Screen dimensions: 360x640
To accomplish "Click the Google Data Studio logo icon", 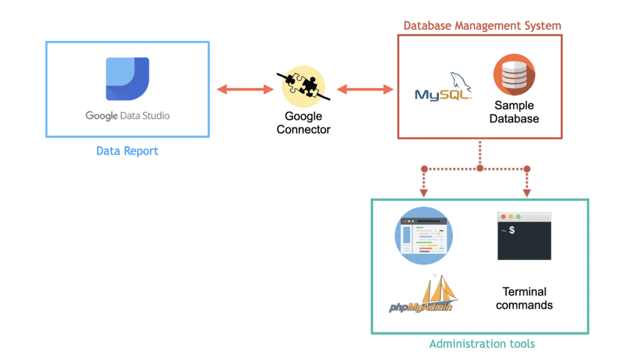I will click(127, 79).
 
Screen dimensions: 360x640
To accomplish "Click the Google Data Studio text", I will click(127, 116).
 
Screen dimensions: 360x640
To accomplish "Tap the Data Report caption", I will click(127, 151).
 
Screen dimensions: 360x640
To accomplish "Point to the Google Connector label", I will click(303, 122).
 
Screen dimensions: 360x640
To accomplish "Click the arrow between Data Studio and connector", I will click(245, 89).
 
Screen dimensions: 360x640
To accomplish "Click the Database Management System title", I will click(482, 26).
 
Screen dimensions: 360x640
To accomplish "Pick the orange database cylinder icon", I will click(514, 75).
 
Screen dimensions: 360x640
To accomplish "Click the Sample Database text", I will click(514, 112).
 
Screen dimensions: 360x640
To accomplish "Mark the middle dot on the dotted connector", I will click(480, 169).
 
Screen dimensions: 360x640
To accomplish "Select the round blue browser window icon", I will click(424, 235).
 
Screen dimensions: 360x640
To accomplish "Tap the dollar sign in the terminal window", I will click(512, 231).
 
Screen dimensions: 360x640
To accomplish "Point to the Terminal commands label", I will click(524, 298).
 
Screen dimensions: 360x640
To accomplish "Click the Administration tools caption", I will click(482, 344).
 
